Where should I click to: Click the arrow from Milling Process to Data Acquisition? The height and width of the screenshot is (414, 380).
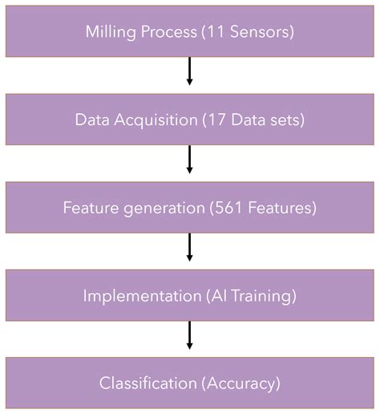190,71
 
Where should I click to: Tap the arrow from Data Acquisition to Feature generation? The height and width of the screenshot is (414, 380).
190,159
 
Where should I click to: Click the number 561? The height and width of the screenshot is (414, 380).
226,208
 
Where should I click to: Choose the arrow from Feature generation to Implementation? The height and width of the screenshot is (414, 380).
190,247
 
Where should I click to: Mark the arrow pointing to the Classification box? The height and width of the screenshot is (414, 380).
190,335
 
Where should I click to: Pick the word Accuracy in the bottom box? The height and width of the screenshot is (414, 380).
240,384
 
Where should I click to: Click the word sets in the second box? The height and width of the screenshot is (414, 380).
289,120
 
